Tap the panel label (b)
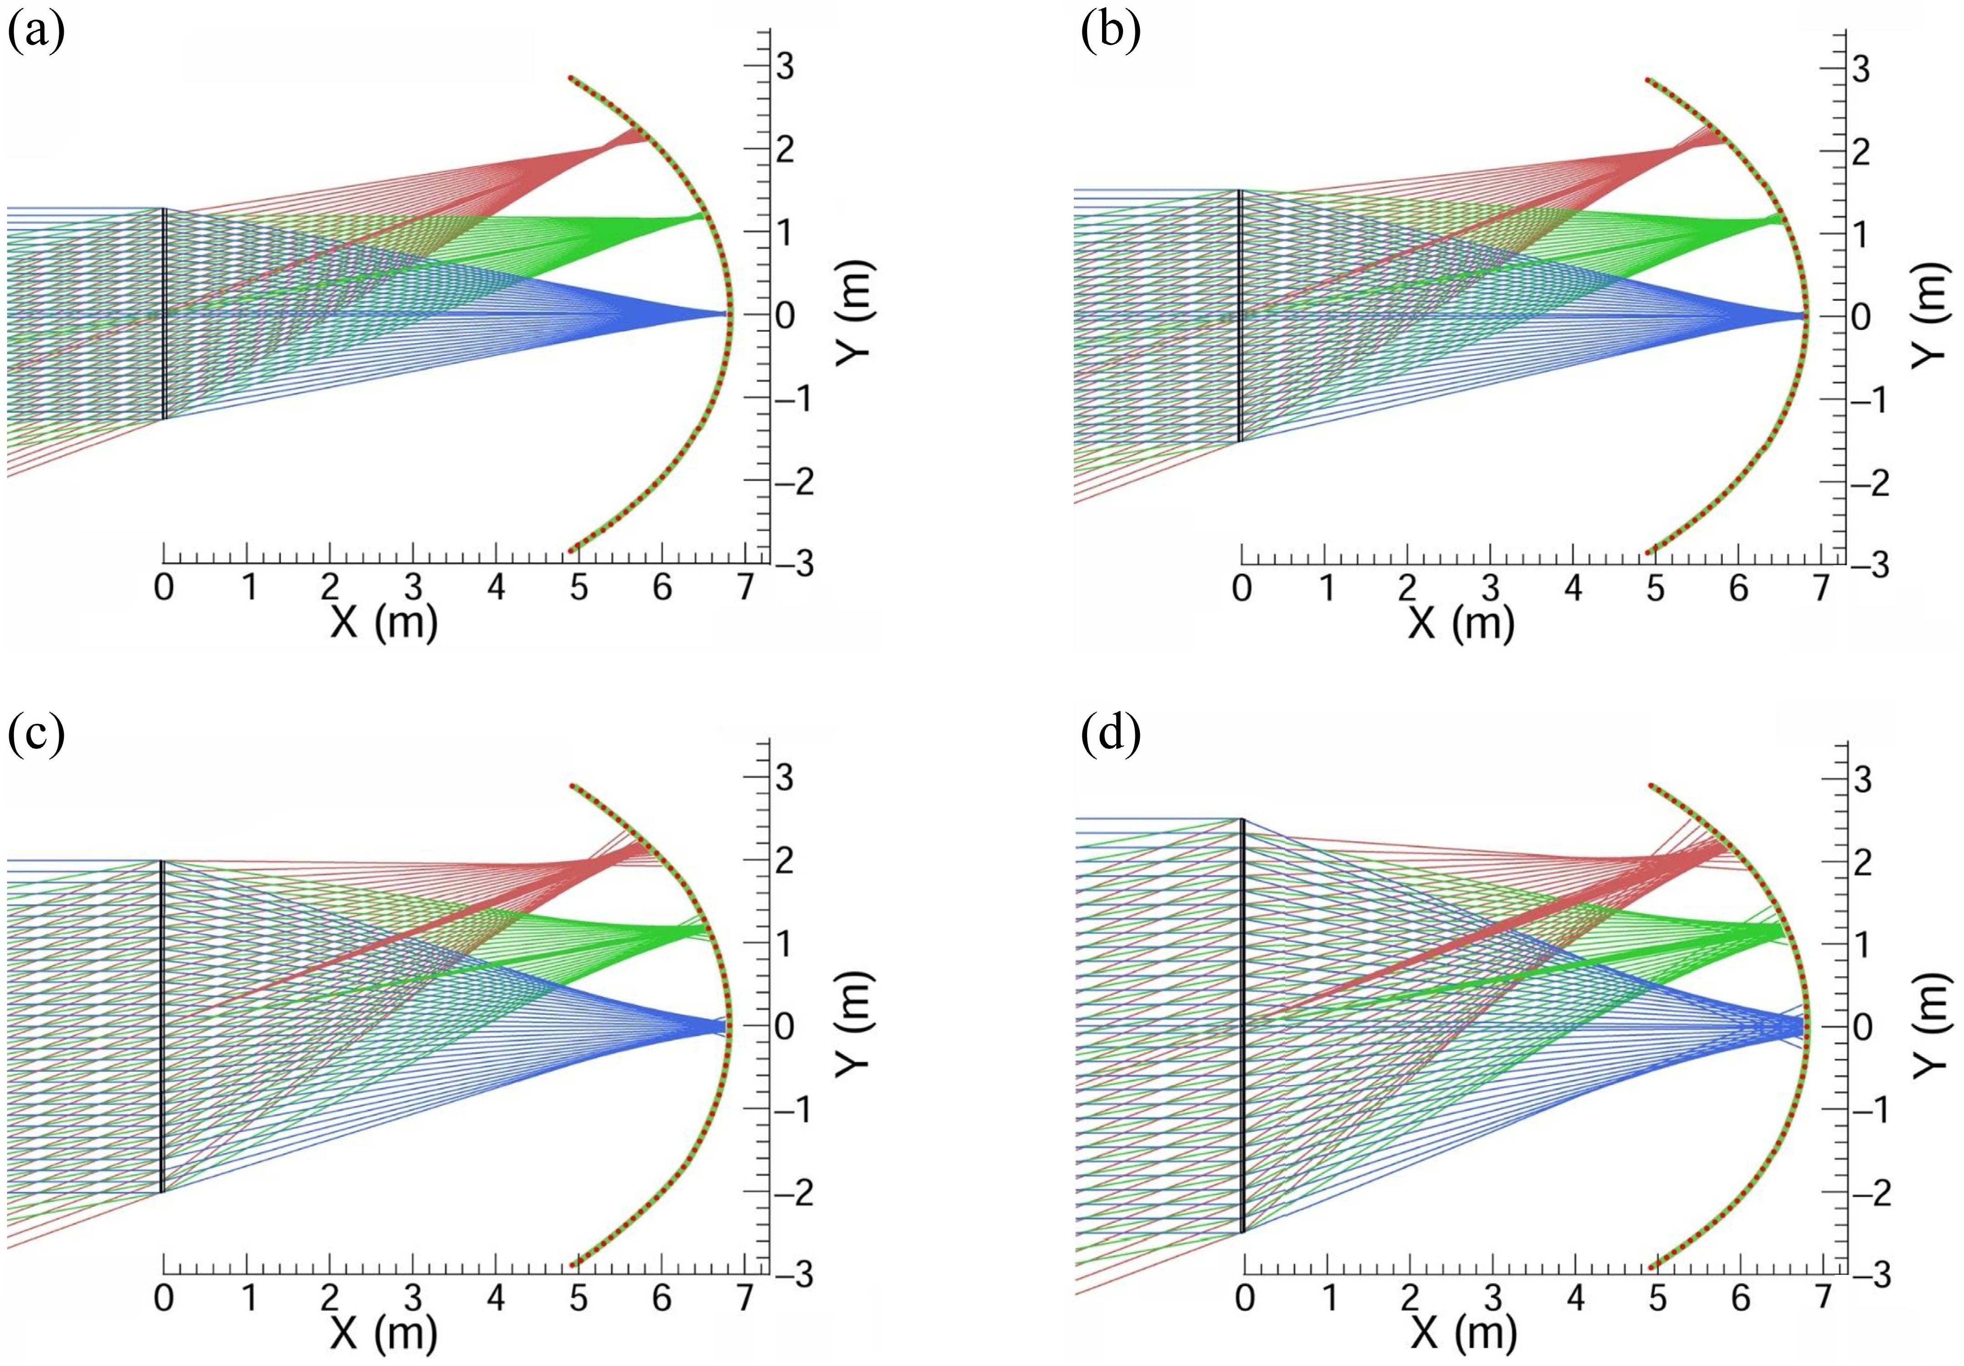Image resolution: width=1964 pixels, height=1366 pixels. click(x=1110, y=34)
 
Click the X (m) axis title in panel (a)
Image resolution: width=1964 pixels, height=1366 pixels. click(x=383, y=623)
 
